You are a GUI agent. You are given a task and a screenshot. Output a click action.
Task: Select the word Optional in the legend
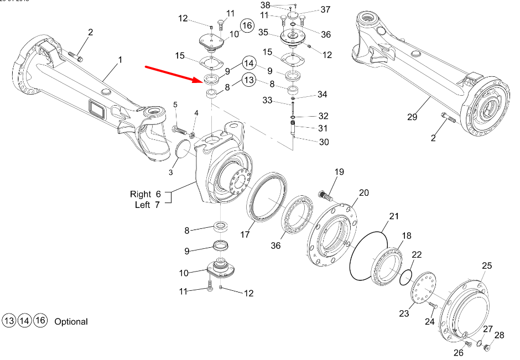coord(71,321)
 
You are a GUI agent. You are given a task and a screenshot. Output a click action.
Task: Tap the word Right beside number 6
coord(141,194)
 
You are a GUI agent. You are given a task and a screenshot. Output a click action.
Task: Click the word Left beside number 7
coord(143,205)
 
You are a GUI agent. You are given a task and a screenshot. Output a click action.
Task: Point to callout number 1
coord(119,59)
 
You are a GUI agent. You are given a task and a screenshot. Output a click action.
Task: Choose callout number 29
coord(412,117)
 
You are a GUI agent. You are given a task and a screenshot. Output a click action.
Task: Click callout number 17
coord(245,234)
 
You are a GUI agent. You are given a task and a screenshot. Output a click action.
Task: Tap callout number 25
coord(486,266)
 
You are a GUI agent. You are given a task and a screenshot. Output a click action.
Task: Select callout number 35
coord(263,33)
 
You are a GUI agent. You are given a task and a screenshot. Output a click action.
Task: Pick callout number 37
coord(325,9)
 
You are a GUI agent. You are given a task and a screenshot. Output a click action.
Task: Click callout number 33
coord(268,101)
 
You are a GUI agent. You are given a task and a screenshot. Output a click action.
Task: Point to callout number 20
coord(363,192)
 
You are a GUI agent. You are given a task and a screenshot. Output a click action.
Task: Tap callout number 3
coord(171,173)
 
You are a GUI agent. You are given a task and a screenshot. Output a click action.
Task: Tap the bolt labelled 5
coord(178,130)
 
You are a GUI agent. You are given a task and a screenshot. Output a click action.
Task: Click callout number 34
coord(323,95)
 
